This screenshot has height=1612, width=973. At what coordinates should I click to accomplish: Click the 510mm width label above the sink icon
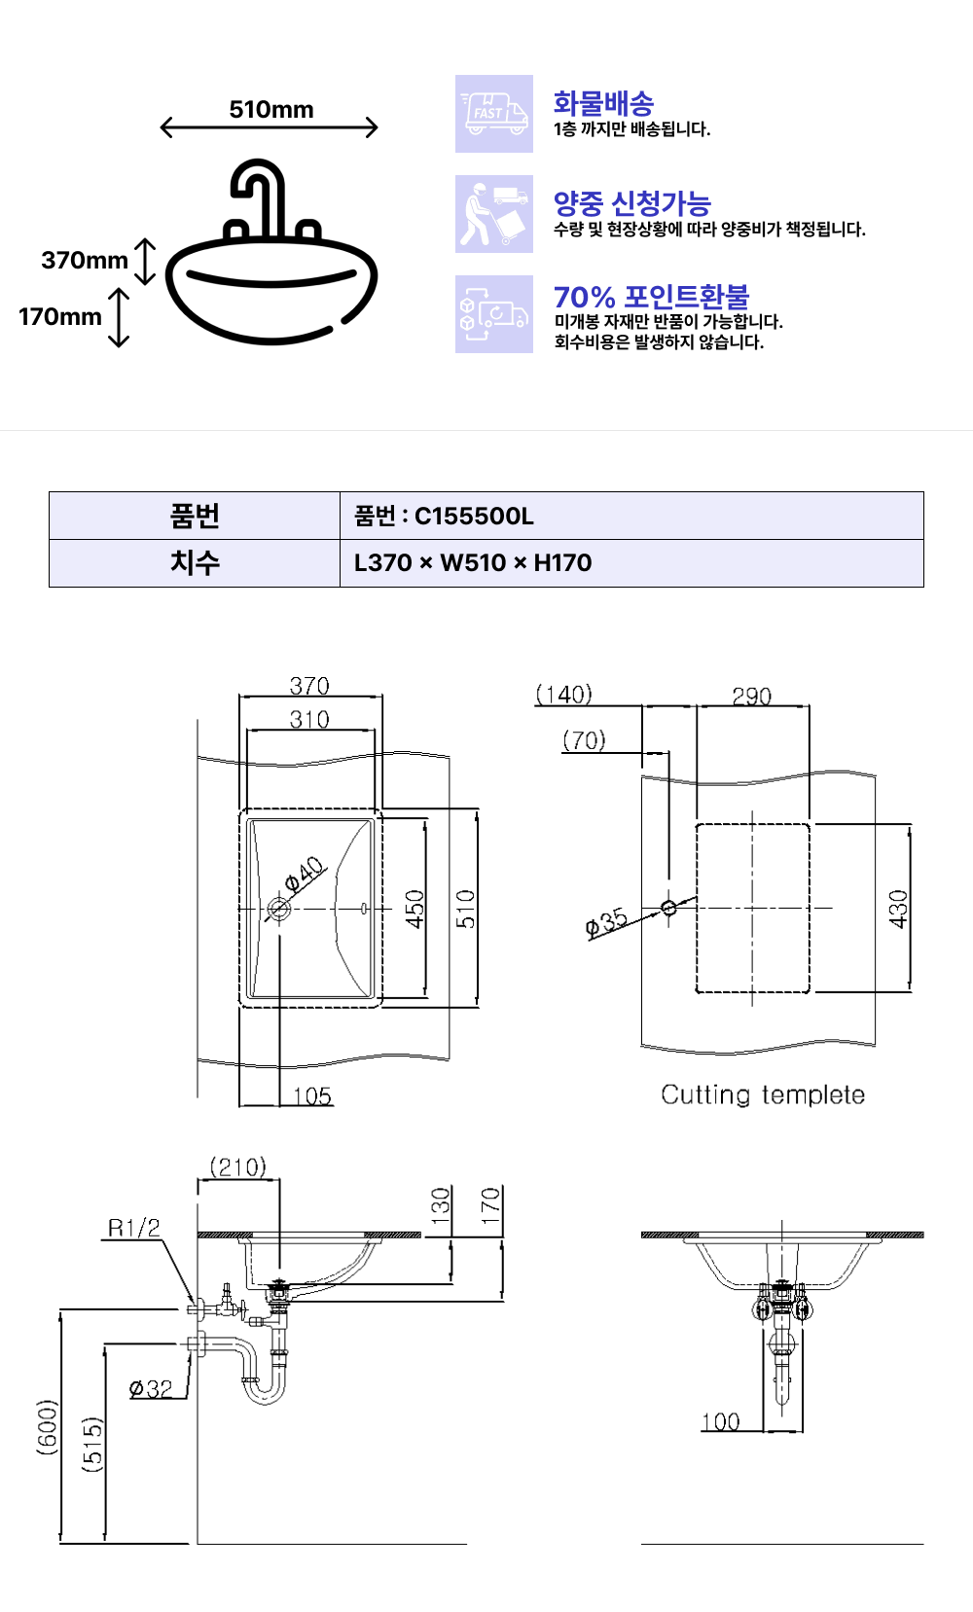coord(271,109)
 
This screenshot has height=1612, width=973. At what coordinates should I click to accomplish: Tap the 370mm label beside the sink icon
coord(85,260)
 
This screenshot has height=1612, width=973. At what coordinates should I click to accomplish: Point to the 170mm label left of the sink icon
coord(59,316)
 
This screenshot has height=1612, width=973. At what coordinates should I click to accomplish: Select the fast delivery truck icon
coord(493,114)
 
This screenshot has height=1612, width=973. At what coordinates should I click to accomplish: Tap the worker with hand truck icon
coord(493,214)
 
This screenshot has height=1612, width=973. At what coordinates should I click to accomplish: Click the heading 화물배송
coord(603,103)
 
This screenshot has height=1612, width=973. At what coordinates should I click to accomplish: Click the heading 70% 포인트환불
coord(651,297)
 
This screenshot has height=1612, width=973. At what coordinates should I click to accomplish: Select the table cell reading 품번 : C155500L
coord(631,516)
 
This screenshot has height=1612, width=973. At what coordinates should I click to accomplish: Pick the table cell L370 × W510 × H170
coord(631,562)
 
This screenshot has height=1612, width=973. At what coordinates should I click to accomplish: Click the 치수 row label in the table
coord(195,562)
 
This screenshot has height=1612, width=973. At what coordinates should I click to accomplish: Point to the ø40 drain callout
coord(304,873)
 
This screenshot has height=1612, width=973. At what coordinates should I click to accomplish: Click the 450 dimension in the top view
coord(414,909)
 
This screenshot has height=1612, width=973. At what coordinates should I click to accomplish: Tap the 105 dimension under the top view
coord(312,1096)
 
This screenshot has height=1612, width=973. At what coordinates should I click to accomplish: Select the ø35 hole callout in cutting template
coord(606,922)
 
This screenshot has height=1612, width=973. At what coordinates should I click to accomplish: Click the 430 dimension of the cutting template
coord(898,909)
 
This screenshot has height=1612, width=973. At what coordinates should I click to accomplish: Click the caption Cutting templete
coord(763,1094)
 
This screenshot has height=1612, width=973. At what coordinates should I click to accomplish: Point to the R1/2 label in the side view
coord(134,1227)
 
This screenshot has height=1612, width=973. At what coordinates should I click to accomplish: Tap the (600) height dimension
coord(47,1427)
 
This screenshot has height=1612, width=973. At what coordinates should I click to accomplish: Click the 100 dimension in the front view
coord(720,1421)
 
